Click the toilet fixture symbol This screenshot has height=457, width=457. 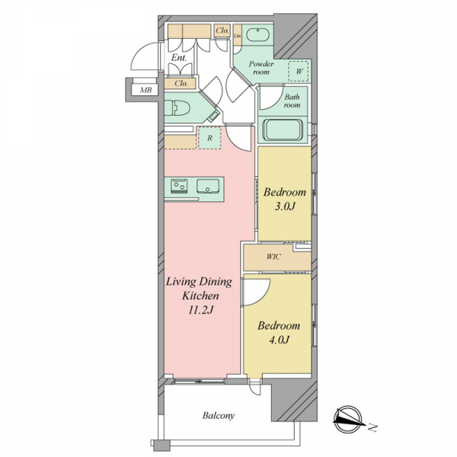point(177,108)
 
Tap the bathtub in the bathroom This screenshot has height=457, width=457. point(283,130)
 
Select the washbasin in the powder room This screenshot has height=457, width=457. point(257,34)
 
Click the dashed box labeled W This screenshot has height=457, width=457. point(298,71)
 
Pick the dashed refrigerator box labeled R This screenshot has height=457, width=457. point(209,138)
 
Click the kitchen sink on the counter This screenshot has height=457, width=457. point(208,187)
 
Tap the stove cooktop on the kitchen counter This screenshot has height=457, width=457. point(179,186)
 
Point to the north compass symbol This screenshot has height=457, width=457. point(349,419)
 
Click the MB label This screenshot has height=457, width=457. point(145,90)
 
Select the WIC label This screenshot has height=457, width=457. point(273,257)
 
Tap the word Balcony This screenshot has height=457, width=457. point(219,415)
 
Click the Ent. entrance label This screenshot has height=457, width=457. point(179,58)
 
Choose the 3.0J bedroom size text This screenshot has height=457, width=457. point(285,206)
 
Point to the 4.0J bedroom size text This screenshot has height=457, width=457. point(279,340)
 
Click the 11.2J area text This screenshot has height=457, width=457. point(201,310)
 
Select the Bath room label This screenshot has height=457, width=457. point(292,101)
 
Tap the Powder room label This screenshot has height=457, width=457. point(261,68)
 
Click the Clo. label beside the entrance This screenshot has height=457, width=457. point(181,83)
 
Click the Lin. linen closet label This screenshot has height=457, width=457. point(238,36)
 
